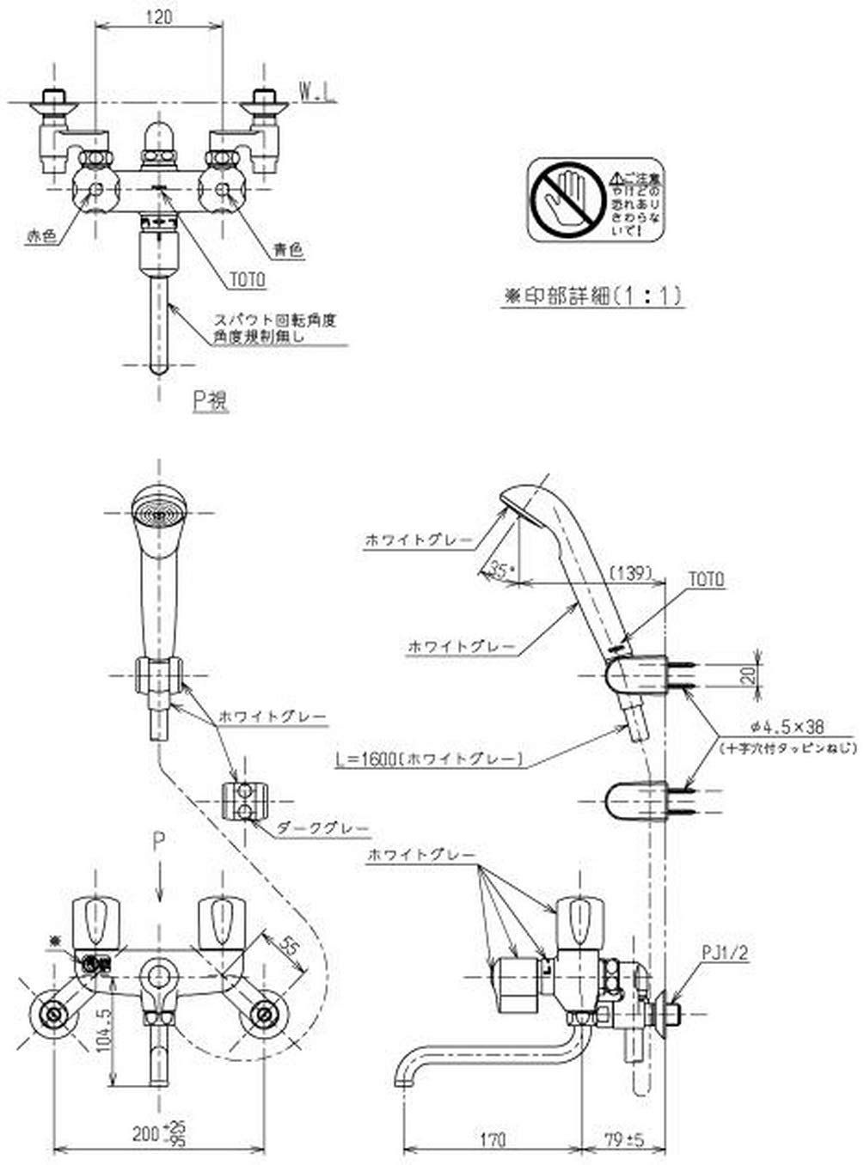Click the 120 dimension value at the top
click(x=157, y=16)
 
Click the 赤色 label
click(x=40, y=237)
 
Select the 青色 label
click(x=288, y=250)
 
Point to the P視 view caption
click(x=210, y=400)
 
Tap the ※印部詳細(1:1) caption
click(x=592, y=296)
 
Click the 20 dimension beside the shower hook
click(x=750, y=675)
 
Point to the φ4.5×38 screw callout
click(x=774, y=727)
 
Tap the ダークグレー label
click(x=323, y=829)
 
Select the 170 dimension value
click(x=493, y=1140)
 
